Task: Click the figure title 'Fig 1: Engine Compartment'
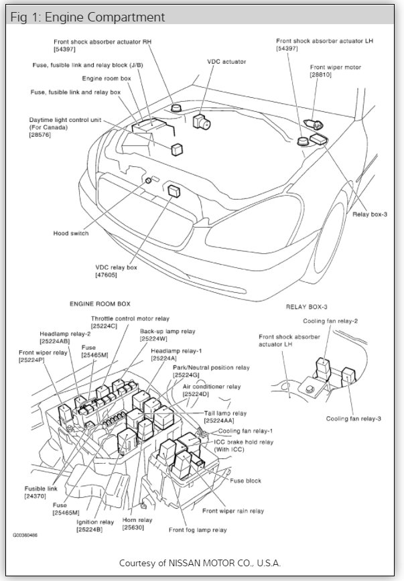point(88,16)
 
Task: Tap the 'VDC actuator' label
point(226,62)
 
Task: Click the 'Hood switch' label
point(70,234)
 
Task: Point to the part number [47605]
point(112,275)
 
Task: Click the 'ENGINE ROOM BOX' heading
point(100,304)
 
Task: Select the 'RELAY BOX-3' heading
point(307,307)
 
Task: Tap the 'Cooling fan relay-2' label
point(330,321)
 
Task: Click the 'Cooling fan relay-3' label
point(354,419)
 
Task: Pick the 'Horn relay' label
point(137,519)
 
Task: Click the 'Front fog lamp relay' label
point(197,530)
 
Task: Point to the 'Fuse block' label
point(245,480)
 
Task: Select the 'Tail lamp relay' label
point(225,413)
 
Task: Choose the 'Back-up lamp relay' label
point(167,331)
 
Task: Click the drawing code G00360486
point(24,536)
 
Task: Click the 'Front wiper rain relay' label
point(232,510)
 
